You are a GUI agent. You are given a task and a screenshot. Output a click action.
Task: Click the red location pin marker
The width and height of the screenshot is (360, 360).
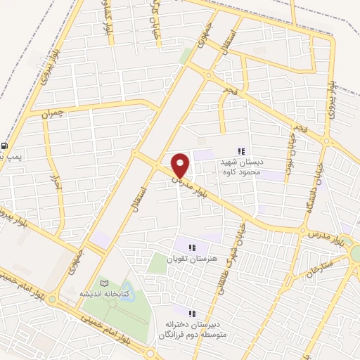coord(181,165)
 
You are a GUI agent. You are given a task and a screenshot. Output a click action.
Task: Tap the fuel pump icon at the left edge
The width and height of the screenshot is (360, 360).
coord(5,146)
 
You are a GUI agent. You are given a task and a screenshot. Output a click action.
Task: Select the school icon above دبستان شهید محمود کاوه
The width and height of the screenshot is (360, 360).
coord(242,151)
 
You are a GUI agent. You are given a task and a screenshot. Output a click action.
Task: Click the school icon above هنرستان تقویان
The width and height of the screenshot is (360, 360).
coord(191,247)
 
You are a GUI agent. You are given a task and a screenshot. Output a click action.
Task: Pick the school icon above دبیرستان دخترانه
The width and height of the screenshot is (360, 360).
coord(193,311)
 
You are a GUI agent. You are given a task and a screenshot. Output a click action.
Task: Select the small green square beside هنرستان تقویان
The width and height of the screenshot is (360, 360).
coord(157,264)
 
